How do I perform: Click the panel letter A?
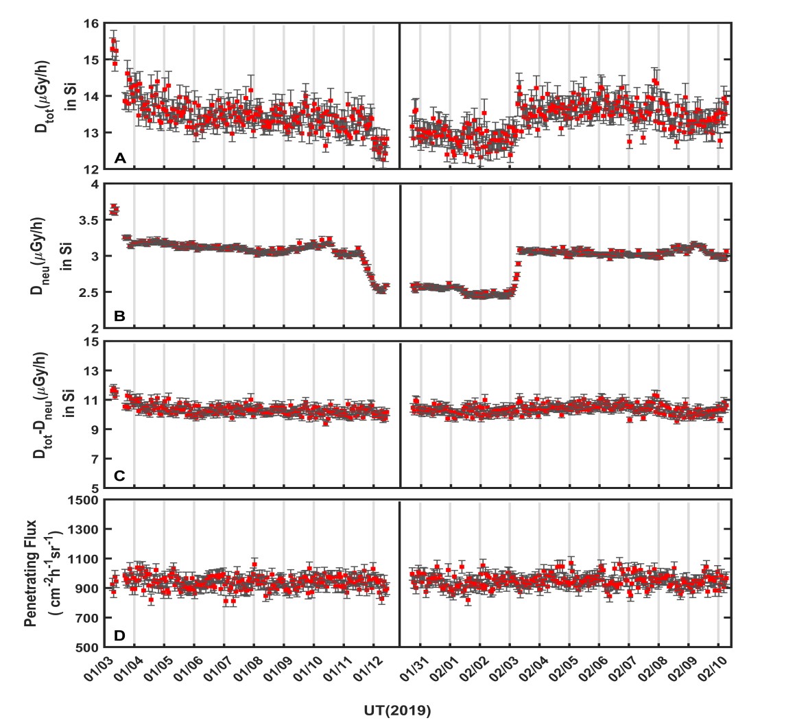120,158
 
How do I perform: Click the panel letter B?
119,316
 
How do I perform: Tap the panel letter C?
120,475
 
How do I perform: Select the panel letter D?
120,635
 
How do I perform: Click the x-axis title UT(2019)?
398,711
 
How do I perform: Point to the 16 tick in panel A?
91,24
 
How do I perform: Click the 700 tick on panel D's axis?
87,618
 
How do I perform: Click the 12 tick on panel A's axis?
91,169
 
